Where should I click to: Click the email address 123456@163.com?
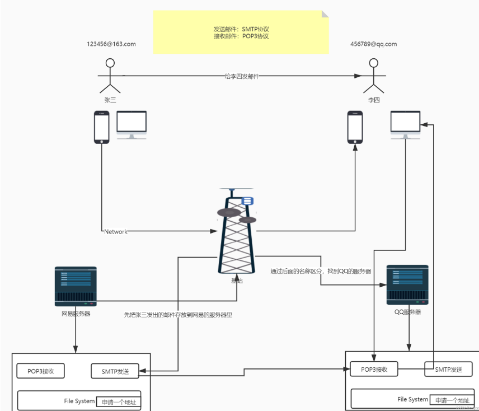(111, 44)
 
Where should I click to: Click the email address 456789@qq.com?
(373, 44)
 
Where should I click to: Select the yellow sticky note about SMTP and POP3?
(241, 32)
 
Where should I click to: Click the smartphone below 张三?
(101, 127)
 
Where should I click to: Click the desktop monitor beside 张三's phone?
(132, 124)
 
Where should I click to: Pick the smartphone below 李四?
(355, 127)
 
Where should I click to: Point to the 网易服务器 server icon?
(76, 286)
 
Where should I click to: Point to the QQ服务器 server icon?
(407, 285)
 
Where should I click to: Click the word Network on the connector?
(116, 231)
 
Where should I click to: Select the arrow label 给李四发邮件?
(242, 76)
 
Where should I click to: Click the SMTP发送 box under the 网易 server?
(115, 371)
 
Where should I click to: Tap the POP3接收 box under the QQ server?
(374, 369)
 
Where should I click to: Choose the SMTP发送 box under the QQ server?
(448, 369)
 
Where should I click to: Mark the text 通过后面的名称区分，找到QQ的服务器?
(321, 271)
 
